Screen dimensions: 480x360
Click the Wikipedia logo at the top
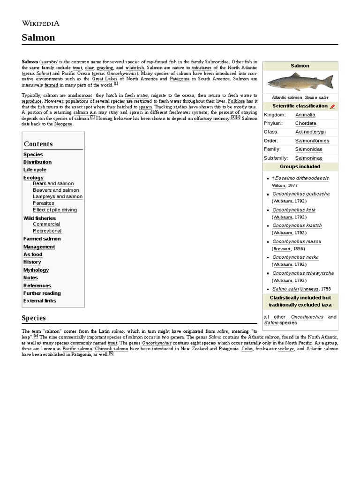pos(40,23)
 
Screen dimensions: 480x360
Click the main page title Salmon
pos(38,37)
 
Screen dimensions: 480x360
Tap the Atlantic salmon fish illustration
pos(300,82)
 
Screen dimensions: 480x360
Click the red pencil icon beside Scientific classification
pos(332,106)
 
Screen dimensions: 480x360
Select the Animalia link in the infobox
pos(305,115)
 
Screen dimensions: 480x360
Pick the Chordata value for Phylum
pos(306,123)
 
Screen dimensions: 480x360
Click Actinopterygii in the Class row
pos(310,132)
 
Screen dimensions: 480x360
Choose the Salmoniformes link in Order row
pos(312,141)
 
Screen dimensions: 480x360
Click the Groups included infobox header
pos(300,166)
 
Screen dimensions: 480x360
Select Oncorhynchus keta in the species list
pos(294,210)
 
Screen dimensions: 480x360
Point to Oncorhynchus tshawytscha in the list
pos(303,273)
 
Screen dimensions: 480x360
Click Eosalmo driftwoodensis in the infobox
pos(302,178)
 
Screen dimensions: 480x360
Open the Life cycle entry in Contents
pos(35,170)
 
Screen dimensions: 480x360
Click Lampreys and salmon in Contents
pos(57,197)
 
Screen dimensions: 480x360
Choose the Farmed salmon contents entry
pos(42,239)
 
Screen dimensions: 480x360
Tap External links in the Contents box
pos(40,301)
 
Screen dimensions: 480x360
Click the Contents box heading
pos(38,144)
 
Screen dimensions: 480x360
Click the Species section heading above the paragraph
pos(34,318)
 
